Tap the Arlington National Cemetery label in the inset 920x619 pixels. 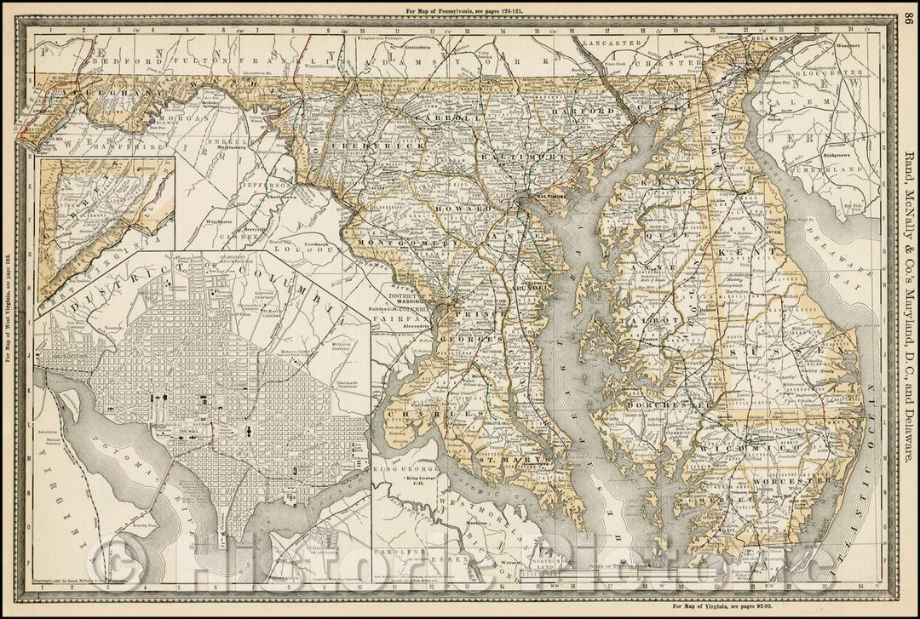coord(52,436)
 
